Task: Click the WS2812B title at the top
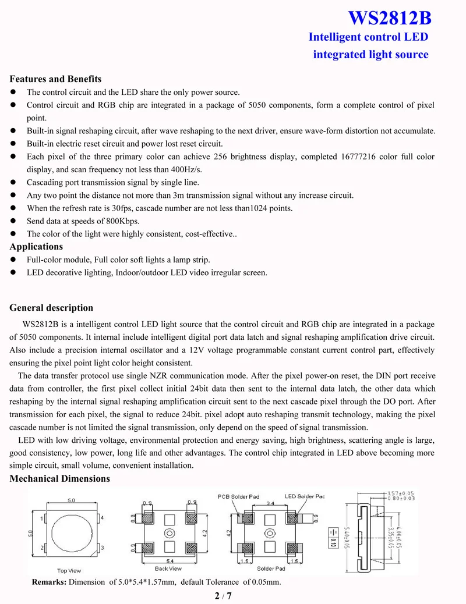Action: point(390,18)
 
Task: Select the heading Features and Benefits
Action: point(55,79)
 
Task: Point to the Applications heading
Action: point(36,246)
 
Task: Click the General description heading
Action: point(51,308)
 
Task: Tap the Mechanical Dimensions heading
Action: point(59,479)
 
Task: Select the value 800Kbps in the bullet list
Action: point(121,221)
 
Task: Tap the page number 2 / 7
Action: point(223,596)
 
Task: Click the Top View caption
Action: point(69,570)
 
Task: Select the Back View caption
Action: point(168,569)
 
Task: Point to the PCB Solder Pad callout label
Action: point(238,497)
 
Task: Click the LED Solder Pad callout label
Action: point(305,497)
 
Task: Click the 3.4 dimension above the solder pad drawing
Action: point(270,503)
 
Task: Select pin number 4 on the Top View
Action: point(101,518)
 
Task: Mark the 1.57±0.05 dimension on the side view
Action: point(401,493)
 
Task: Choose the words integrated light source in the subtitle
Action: point(370,55)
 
